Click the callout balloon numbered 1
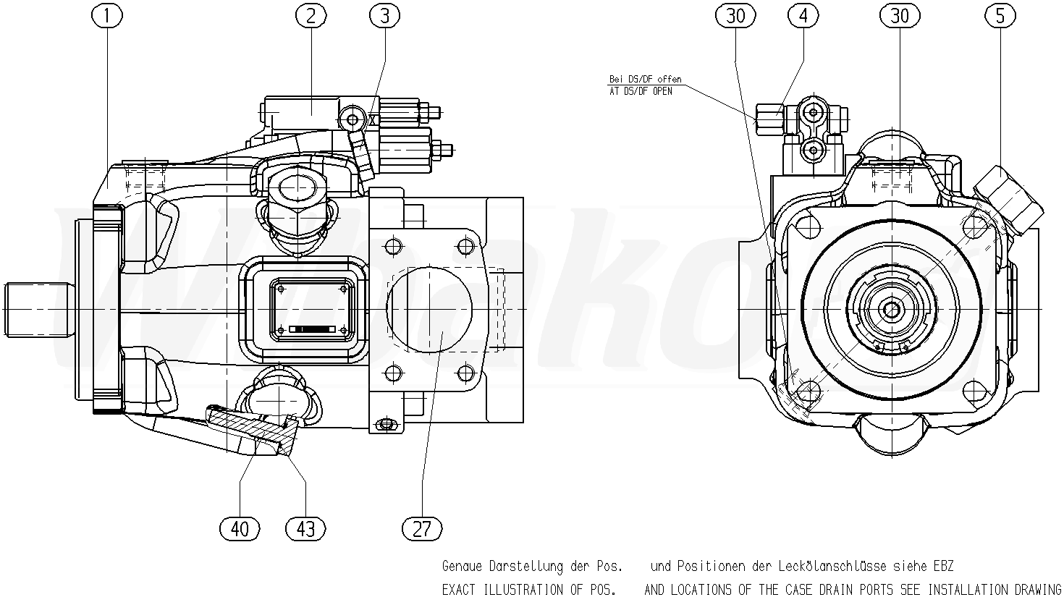[109, 15]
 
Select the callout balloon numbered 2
[311, 15]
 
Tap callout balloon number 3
[384, 15]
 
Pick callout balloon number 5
[1000, 15]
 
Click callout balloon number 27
[422, 528]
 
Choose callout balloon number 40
[240, 528]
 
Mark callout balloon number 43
[306, 528]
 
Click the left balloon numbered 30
[735, 15]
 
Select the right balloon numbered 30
[900, 15]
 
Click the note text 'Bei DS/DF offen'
[646, 80]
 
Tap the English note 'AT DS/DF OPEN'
[641, 92]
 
